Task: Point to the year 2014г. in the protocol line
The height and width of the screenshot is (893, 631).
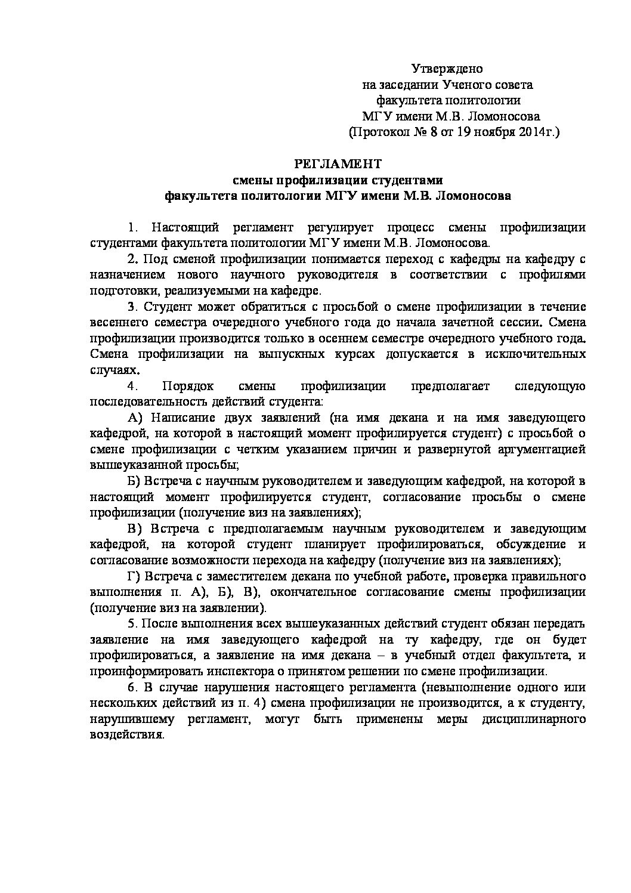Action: pos(537,132)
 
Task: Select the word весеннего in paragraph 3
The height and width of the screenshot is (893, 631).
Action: pos(122,323)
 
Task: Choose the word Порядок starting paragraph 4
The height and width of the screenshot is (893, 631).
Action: pos(185,386)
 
